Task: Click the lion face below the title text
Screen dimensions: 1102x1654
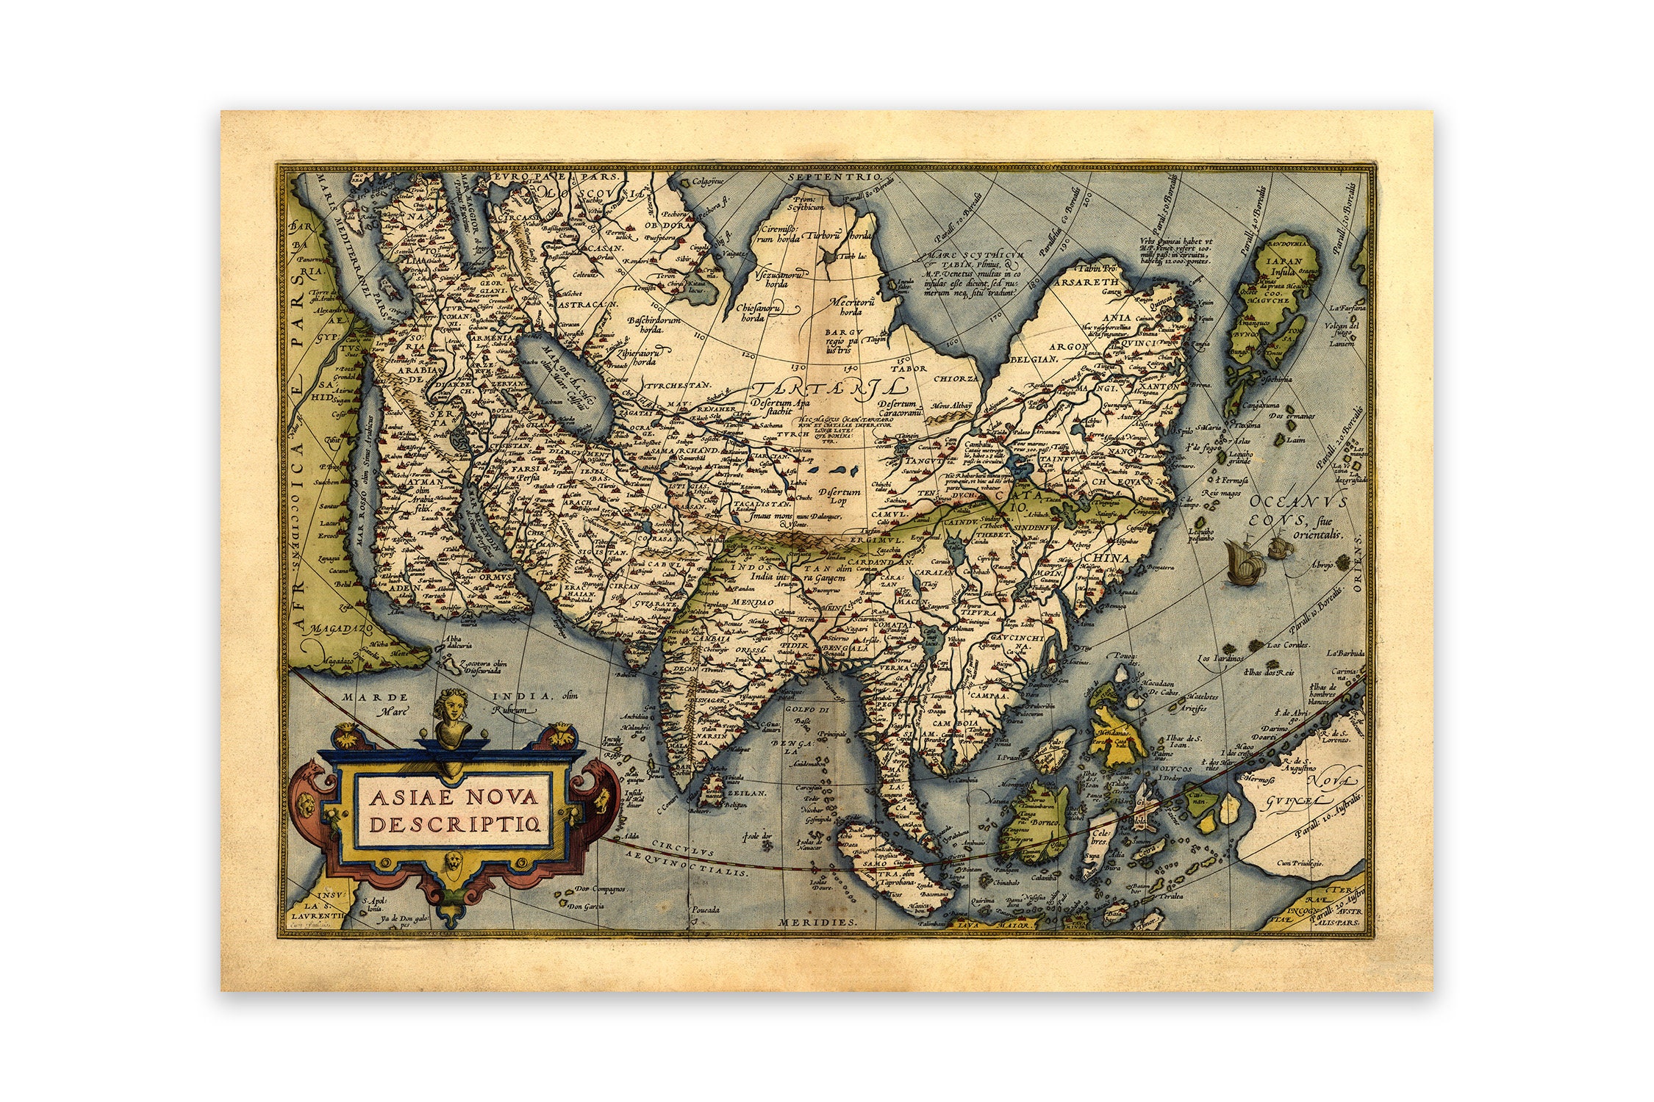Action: point(452,861)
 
